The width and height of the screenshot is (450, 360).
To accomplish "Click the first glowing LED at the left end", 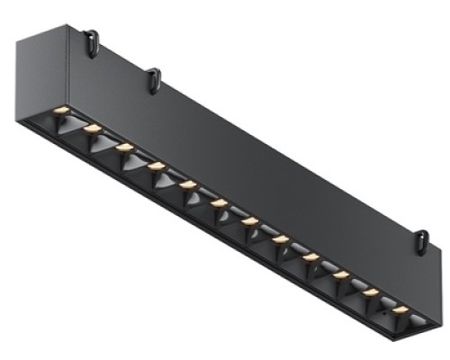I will [x=61, y=110].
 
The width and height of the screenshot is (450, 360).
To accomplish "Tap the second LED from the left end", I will [x=92, y=129].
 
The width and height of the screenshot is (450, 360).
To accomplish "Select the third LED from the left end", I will [x=124, y=147].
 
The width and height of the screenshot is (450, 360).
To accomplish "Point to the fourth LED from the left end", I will [x=157, y=166].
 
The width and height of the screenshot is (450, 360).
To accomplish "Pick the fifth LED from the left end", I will [x=188, y=184].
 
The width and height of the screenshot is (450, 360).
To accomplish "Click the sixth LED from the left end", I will [x=219, y=202].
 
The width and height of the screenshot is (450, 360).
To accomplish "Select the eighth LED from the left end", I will [x=281, y=238].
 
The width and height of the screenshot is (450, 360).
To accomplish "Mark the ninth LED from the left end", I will [x=311, y=256].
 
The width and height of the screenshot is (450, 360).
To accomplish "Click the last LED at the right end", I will [x=400, y=309].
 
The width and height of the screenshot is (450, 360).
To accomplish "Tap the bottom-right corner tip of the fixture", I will [x=423, y=335].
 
